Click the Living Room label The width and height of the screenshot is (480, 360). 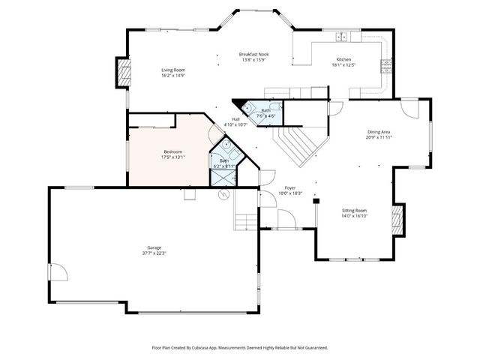coord(173,70)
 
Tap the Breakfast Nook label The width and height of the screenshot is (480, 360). coord(253,55)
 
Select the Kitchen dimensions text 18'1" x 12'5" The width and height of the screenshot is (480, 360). coord(343,64)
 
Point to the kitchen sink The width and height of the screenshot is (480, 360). coord(341,36)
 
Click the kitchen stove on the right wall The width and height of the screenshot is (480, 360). coord(386,65)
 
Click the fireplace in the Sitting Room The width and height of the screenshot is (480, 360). coord(398,219)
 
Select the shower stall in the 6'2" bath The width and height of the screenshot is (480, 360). coord(223,178)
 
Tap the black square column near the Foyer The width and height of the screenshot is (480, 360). coord(316,201)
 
